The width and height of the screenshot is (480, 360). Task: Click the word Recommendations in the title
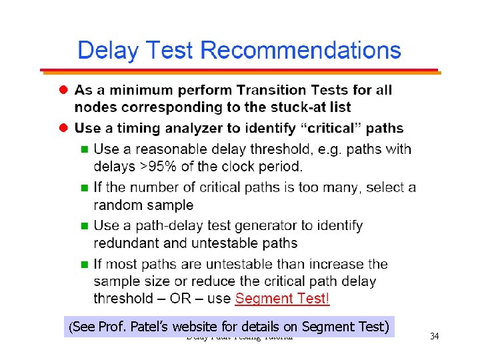click(301, 51)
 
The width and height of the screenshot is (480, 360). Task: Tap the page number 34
click(434, 336)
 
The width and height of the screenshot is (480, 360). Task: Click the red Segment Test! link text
click(282, 299)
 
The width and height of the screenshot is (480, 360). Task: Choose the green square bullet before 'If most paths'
click(84, 265)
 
